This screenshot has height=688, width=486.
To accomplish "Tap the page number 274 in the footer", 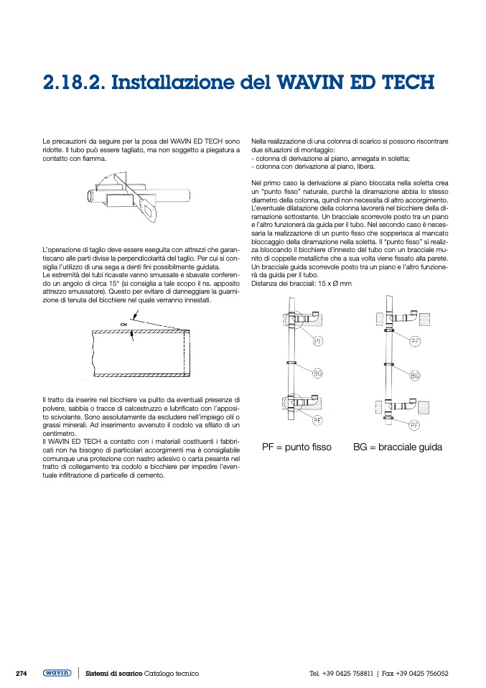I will click(22, 673).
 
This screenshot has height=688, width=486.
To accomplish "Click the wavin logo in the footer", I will click(57, 673).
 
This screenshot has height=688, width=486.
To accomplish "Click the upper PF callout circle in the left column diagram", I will click(318, 340).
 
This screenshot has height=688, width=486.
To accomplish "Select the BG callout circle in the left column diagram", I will click(318, 372).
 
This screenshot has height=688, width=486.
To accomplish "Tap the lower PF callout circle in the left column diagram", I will click(317, 419).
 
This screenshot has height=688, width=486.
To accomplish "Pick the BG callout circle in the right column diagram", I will click(415, 376).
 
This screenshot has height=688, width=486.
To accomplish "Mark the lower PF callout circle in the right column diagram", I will click(414, 425).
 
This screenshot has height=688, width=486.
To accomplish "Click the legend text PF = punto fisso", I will click(296, 447).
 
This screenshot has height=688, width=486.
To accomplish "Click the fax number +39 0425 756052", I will click(422, 674).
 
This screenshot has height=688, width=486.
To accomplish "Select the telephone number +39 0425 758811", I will click(348, 674).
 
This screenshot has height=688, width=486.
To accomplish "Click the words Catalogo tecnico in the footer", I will click(172, 674).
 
